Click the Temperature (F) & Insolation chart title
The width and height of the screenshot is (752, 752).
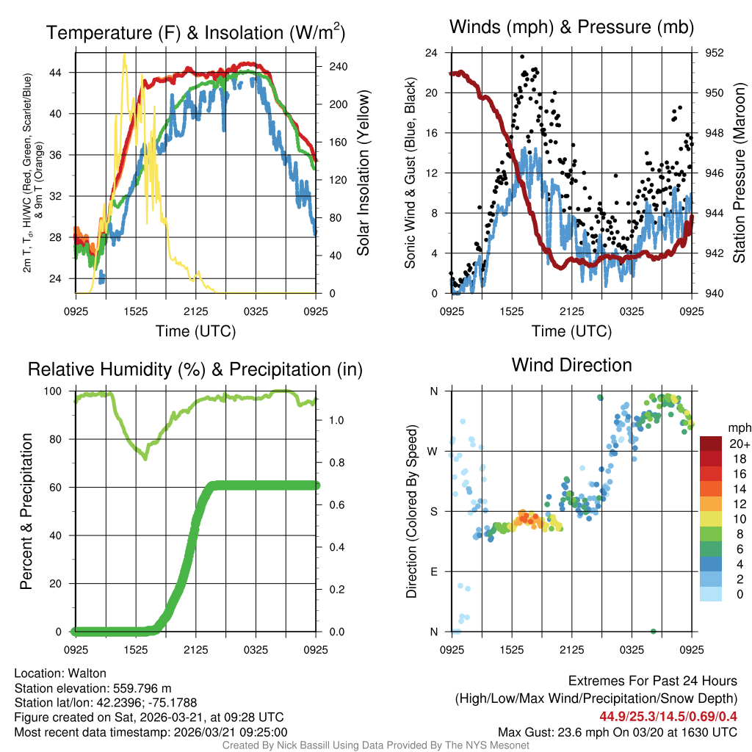pos(195,33)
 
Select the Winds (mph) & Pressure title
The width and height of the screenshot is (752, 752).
pos(572,27)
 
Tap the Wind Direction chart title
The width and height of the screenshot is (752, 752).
pos(571,365)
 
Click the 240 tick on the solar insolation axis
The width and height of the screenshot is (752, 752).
pos(328,67)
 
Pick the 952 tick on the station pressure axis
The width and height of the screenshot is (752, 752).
pos(715,53)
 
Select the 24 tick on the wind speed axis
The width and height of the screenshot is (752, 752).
pos(432,53)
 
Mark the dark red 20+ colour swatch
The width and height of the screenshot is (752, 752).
pos(711,444)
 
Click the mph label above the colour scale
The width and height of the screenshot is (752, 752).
pos(737,427)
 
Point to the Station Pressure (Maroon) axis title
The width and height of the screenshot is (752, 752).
pos(740,173)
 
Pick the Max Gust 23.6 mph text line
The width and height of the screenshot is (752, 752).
pos(618,731)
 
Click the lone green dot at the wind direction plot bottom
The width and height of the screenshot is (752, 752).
pos(653,631)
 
